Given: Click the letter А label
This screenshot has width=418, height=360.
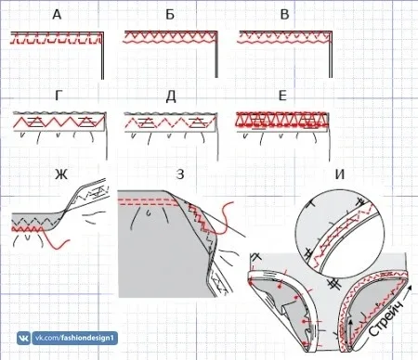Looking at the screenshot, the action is coord(57,15).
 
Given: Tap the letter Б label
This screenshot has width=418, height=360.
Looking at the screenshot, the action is coord(170,15).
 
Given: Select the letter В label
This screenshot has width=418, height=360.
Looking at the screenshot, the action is coord(284,15).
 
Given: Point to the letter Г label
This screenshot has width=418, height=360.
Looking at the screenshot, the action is coord(58,96).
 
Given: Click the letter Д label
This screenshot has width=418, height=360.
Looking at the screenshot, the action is coord(171,96).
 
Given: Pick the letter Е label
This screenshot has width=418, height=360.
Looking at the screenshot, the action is coord(282,96).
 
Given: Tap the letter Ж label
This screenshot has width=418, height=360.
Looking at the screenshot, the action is coord(61,175).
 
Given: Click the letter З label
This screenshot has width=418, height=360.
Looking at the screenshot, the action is coord(180,174).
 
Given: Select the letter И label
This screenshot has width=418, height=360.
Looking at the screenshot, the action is coord(340,174).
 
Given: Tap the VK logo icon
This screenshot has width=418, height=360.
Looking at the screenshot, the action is coord(23,338).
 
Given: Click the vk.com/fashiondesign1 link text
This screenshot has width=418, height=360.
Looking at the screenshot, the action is coord(74,338).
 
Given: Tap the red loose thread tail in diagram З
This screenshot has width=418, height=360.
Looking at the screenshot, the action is coord(225,218).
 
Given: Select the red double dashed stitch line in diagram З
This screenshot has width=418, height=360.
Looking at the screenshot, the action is coord(149,202).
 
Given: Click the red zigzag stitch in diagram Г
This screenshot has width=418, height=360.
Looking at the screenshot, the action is coord(59,122).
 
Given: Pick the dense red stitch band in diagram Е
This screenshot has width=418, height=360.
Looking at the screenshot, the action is coord(281,120).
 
